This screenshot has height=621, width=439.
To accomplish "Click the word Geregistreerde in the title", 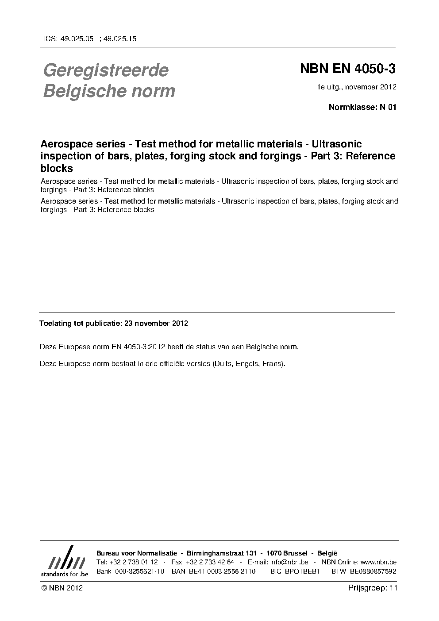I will [106, 70].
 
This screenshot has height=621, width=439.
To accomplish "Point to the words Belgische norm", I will [109, 91].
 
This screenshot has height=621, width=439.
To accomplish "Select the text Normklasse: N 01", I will [362, 107].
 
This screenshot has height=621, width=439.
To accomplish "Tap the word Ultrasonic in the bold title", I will [337, 144].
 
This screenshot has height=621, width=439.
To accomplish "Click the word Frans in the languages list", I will [273, 364].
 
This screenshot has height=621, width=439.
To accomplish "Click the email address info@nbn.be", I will [289, 562].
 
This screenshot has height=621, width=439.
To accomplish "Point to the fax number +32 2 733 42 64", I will [210, 562].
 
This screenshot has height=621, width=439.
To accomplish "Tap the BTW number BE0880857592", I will [373, 571].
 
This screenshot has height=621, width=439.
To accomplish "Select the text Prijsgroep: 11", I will [373, 588].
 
